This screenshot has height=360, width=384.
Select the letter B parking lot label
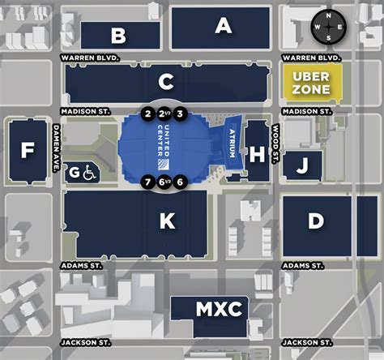(119, 36)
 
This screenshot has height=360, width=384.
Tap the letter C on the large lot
(166, 82)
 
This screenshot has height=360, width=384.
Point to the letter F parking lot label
(28, 150)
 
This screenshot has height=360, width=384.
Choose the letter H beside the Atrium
(257, 154)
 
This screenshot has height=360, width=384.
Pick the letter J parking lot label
(301, 167)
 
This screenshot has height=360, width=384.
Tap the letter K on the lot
(167, 221)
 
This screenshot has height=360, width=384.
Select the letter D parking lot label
(316, 221)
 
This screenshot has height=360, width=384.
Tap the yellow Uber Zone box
(311, 83)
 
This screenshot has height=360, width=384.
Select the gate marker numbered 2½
(164, 114)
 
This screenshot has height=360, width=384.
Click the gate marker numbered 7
(147, 182)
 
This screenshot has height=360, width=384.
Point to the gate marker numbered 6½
(164, 182)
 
